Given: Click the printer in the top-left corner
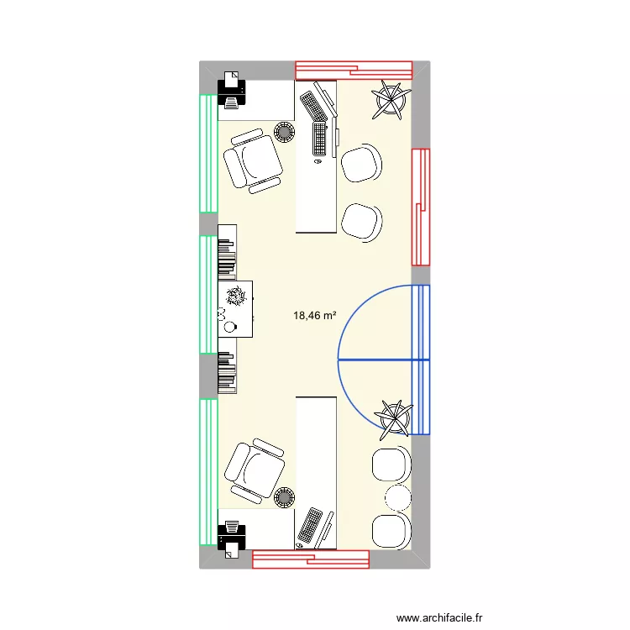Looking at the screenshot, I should (231, 88).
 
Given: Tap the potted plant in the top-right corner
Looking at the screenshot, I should (391, 98).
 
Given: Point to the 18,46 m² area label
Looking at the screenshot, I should (314, 316).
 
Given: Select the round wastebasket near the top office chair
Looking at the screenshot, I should (283, 132).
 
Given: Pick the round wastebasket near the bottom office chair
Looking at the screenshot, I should (284, 498).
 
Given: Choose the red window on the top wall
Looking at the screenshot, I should (353, 71).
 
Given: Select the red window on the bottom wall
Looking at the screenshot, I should (311, 559).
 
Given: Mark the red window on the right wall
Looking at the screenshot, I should (420, 207).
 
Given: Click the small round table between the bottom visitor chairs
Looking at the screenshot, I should (394, 495).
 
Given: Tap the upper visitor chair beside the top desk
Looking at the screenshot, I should (362, 164).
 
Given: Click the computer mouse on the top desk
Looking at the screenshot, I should (318, 165).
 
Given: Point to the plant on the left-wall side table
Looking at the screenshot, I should (236, 296).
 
